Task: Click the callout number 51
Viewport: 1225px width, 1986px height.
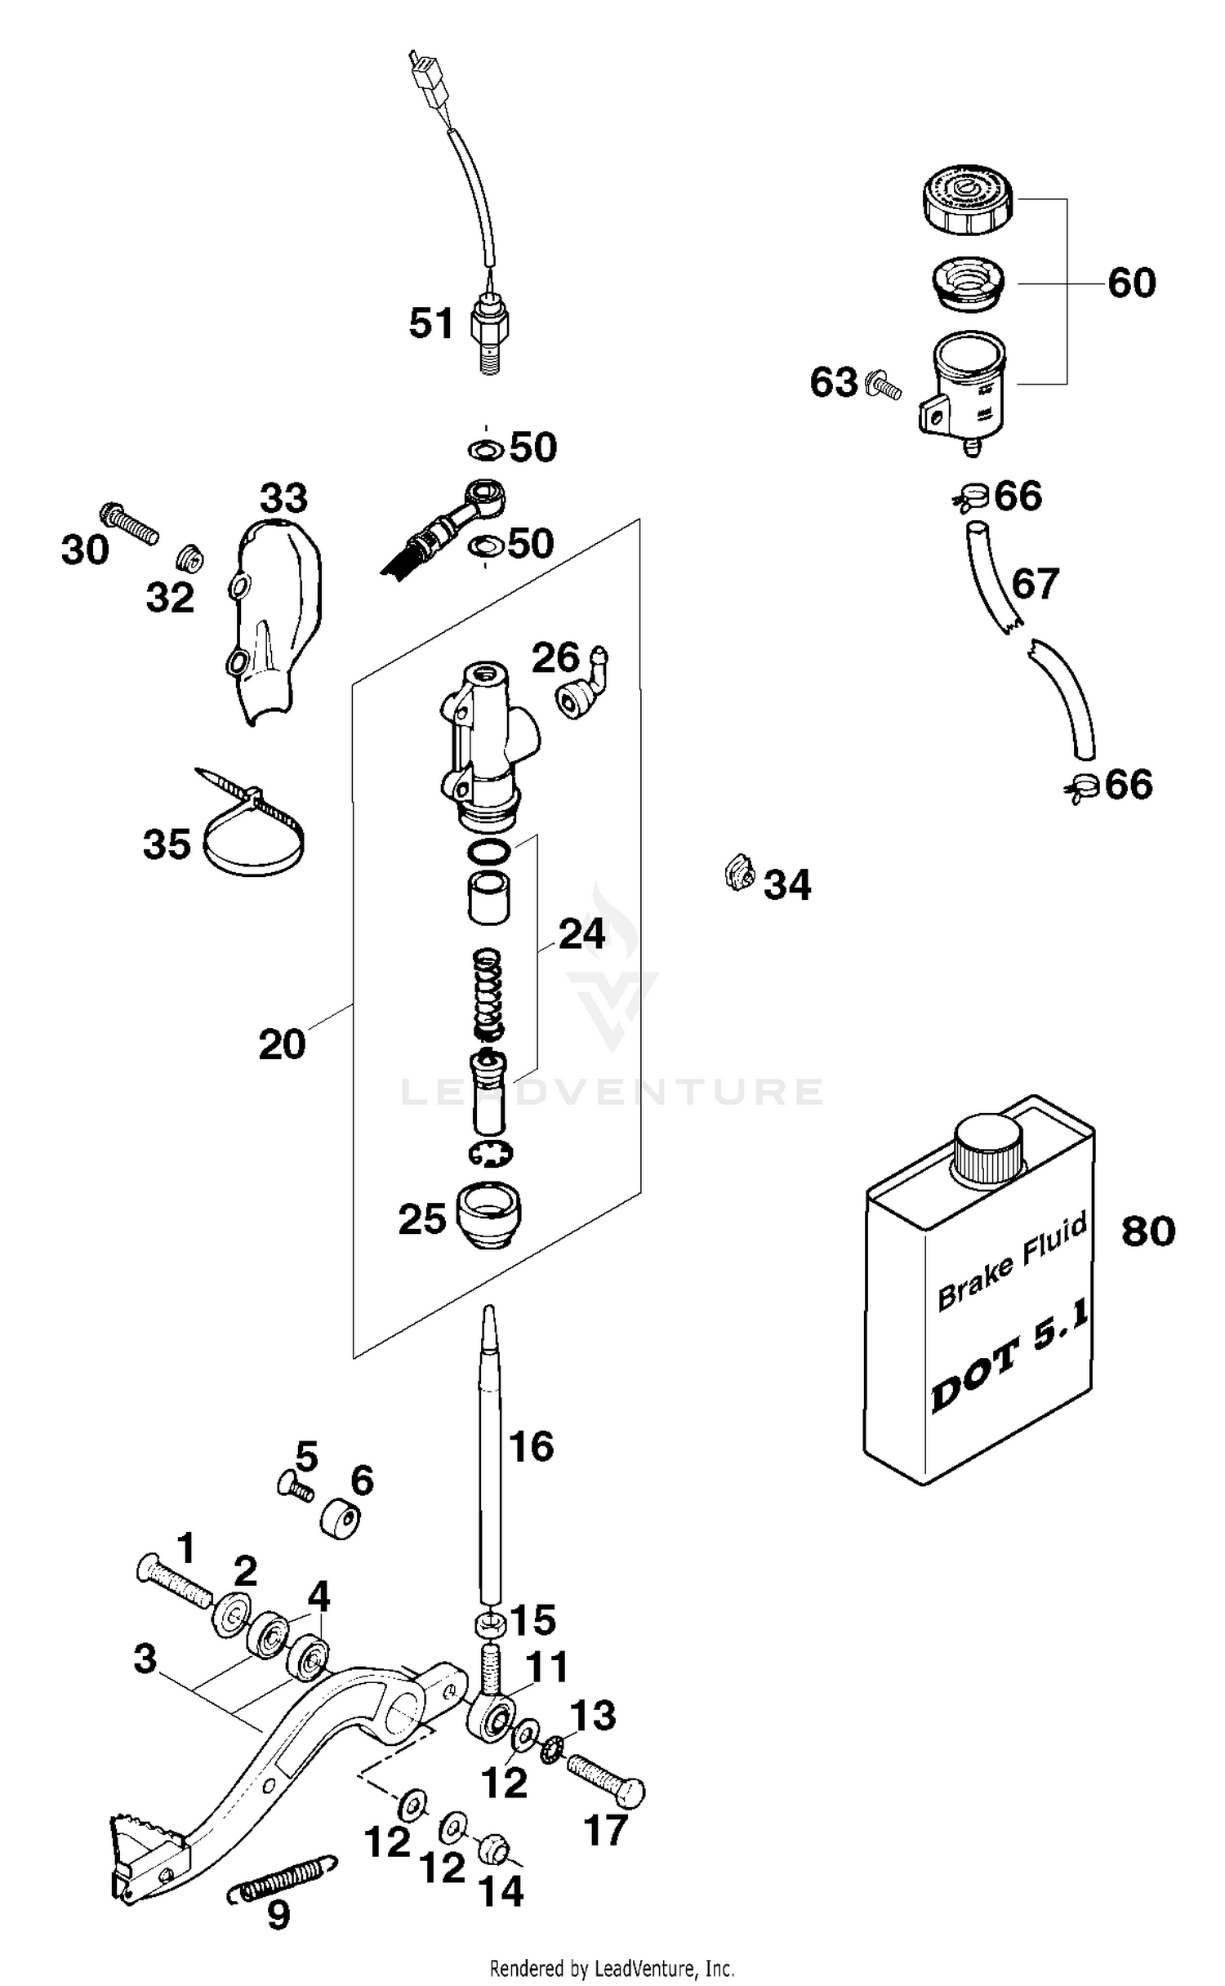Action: pos(430,323)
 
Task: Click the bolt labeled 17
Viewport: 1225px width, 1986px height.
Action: pos(606,1779)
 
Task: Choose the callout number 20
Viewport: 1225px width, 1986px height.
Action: pos(282,1044)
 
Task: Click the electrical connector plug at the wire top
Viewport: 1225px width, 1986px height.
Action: pos(425,78)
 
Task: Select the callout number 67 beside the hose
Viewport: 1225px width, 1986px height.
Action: pos(1035,584)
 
